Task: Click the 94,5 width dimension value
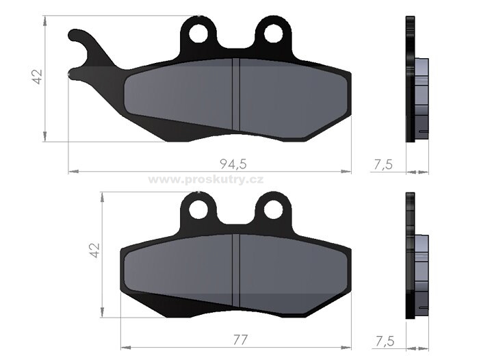[233, 164]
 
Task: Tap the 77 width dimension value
[240, 340]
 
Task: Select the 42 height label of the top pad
[37, 77]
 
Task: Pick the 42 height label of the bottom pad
[95, 250]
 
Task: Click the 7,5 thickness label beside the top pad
[383, 165]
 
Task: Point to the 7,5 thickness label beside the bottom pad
[385, 341]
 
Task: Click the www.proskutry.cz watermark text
[206, 180]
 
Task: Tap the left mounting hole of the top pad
[198, 34]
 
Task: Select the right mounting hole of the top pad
[274, 34]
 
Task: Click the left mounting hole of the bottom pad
[198, 209]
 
